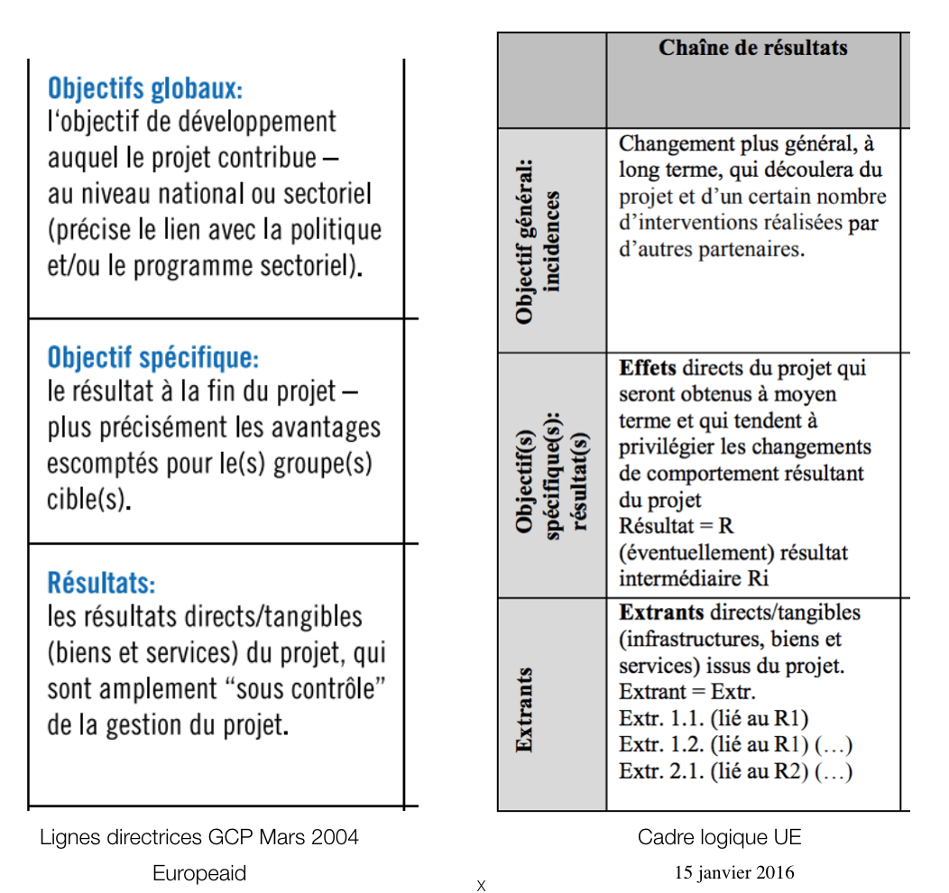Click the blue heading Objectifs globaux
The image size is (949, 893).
click(x=144, y=88)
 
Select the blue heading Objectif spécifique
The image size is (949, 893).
click(x=152, y=358)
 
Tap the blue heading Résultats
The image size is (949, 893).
click(x=101, y=582)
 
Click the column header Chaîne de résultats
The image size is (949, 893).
click(x=752, y=48)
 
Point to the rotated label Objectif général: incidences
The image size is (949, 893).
click(x=538, y=241)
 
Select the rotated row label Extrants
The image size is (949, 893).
click(x=524, y=710)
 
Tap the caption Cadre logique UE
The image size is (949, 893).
click(x=719, y=837)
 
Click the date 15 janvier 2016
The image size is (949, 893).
click(x=734, y=872)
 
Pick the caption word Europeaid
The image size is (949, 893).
click(x=199, y=873)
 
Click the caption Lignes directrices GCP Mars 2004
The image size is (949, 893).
click(x=199, y=837)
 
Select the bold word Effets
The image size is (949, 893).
click(x=648, y=368)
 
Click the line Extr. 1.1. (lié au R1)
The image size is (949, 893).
click(x=713, y=719)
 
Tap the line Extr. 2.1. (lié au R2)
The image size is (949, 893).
click(x=735, y=771)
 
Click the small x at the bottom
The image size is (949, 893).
click(x=481, y=886)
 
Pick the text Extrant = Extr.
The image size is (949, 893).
click(x=686, y=693)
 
